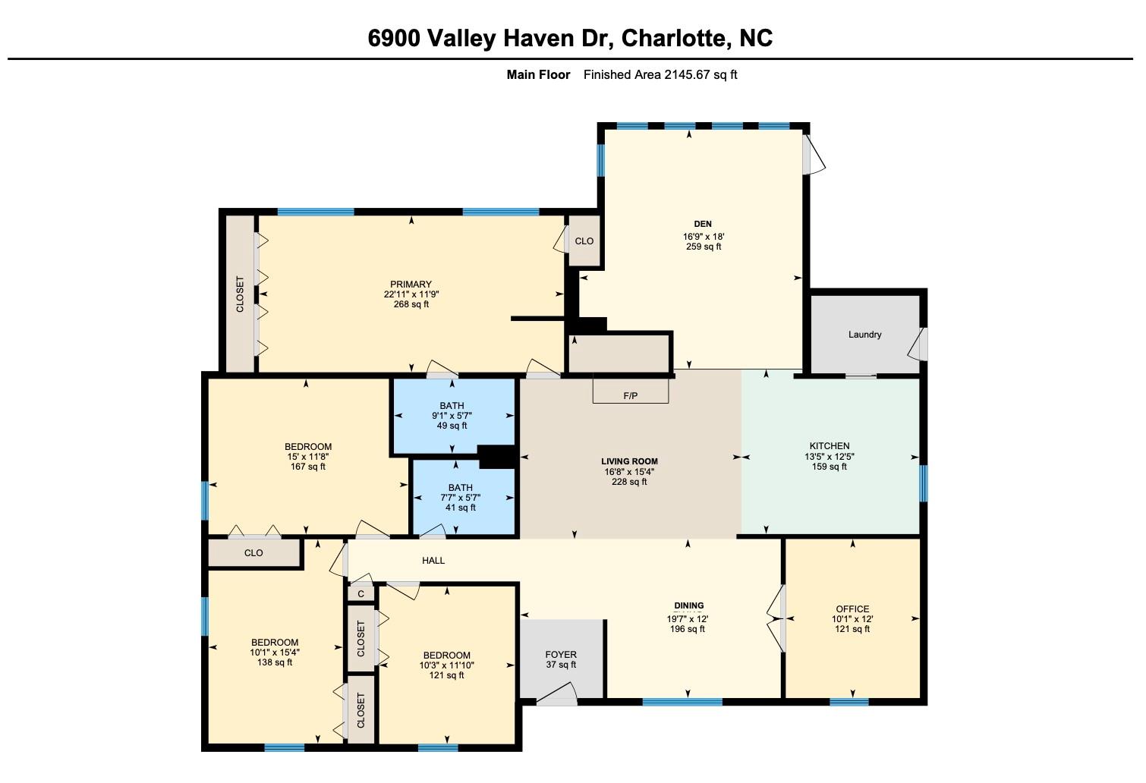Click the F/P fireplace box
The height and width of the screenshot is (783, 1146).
pos(630,391)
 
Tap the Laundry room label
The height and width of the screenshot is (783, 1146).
pos(864,335)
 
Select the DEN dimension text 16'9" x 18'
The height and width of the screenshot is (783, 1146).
pos(704,237)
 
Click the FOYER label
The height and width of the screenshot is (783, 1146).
pos(561,655)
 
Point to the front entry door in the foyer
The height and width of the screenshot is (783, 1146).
pos(556,694)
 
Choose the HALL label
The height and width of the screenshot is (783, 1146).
pos(433,561)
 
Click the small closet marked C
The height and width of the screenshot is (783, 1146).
pos(361,594)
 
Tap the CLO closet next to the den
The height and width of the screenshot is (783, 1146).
pos(584,241)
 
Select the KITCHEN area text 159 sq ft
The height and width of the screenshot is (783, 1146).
pos(830,467)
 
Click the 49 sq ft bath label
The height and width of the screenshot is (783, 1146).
pos(452,426)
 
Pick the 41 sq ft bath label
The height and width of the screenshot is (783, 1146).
pos(461,508)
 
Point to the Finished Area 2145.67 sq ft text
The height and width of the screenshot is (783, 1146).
pos(660,74)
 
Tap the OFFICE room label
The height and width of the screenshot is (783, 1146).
pos(852,609)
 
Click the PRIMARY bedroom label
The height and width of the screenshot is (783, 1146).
pos(411,285)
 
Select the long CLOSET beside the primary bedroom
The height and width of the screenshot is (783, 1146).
pos(240,294)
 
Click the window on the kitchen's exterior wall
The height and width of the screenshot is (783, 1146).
pos(924,483)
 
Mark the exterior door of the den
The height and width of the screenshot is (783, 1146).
pos(812,154)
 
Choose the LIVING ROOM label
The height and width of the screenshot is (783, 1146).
pos(629,461)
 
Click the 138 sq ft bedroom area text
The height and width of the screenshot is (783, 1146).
pos(275,662)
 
